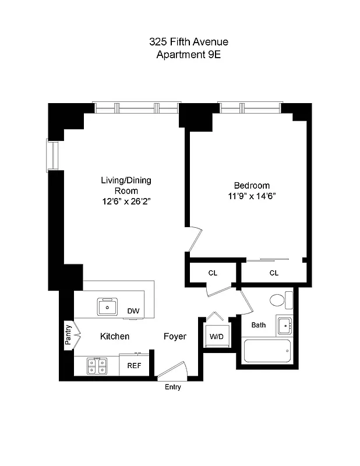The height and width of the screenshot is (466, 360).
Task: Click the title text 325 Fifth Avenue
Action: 179,42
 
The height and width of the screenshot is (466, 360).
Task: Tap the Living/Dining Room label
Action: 126,185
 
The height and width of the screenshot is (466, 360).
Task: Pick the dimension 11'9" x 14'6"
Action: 252,196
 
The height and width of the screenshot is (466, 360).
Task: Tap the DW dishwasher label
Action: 133,311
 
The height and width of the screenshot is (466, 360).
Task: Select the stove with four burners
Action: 96,366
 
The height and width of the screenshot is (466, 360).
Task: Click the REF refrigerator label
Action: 133,366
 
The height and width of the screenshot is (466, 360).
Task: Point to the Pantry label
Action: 68,336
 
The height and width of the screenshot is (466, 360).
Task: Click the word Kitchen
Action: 115,337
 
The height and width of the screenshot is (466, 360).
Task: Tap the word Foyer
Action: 175,337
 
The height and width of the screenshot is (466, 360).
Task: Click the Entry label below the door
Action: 173,387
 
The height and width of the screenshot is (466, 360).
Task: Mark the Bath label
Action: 259,325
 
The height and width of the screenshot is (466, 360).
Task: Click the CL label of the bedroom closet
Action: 274,273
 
